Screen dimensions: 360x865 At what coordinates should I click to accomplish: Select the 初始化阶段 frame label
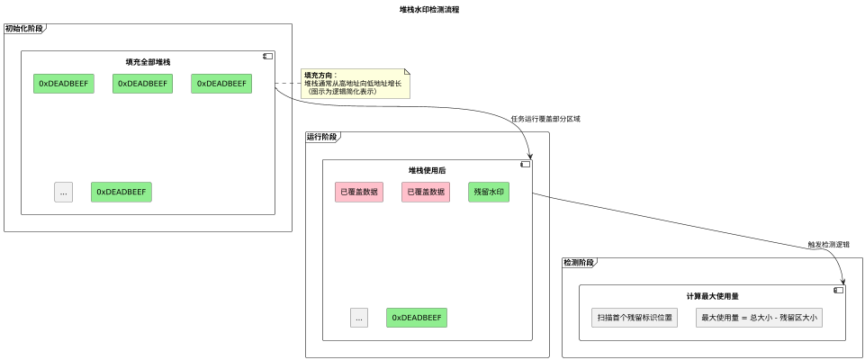point(23,29)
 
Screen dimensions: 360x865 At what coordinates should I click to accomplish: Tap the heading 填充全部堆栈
point(148,62)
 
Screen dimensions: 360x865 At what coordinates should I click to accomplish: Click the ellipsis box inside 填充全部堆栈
point(63,192)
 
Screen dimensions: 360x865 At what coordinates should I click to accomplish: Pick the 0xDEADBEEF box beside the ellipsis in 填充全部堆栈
point(121,192)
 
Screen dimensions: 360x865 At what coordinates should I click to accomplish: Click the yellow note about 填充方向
point(355,83)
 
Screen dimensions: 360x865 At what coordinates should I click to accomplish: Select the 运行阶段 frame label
point(322,137)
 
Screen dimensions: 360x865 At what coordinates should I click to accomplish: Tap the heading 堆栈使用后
point(428,170)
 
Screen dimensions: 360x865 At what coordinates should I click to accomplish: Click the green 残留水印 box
point(488,192)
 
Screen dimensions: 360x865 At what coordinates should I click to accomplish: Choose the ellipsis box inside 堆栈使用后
point(359,318)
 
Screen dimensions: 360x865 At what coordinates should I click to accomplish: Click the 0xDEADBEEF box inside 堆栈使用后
point(417,318)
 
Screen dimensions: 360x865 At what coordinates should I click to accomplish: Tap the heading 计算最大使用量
point(712,296)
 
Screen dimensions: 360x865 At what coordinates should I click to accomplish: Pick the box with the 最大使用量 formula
point(759,318)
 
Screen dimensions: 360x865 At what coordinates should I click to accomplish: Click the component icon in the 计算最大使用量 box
point(838,290)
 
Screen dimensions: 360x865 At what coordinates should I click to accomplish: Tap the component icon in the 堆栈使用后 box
point(525,164)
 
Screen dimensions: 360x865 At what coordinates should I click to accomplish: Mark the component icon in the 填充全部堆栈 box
point(266,56)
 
